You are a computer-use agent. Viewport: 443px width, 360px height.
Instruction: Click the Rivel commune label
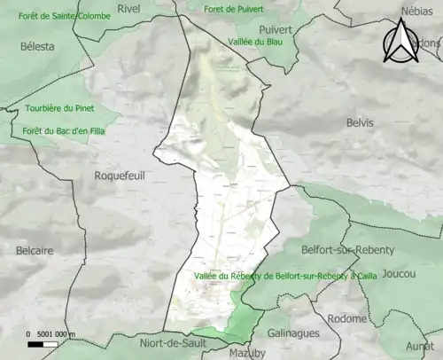(129, 9)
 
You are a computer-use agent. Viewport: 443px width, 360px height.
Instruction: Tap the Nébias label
(417, 11)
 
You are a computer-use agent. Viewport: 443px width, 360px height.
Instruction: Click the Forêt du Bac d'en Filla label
(58, 132)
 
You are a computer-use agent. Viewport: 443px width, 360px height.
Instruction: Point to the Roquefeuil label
(119, 176)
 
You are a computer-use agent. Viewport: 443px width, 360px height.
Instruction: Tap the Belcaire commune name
(35, 251)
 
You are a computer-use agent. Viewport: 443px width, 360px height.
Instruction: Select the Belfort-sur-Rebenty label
(341, 252)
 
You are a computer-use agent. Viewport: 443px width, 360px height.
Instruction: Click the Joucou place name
(400, 274)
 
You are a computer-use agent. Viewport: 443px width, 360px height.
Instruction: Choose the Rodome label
(346, 319)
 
